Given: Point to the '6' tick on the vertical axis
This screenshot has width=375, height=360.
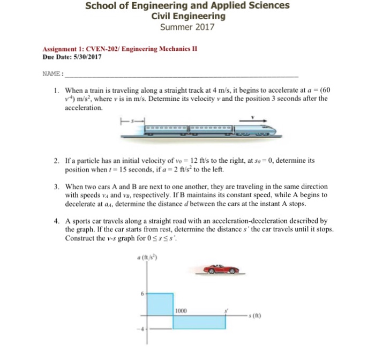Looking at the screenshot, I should tap(142, 293).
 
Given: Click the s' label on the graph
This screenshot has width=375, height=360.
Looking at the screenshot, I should tap(226, 309).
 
